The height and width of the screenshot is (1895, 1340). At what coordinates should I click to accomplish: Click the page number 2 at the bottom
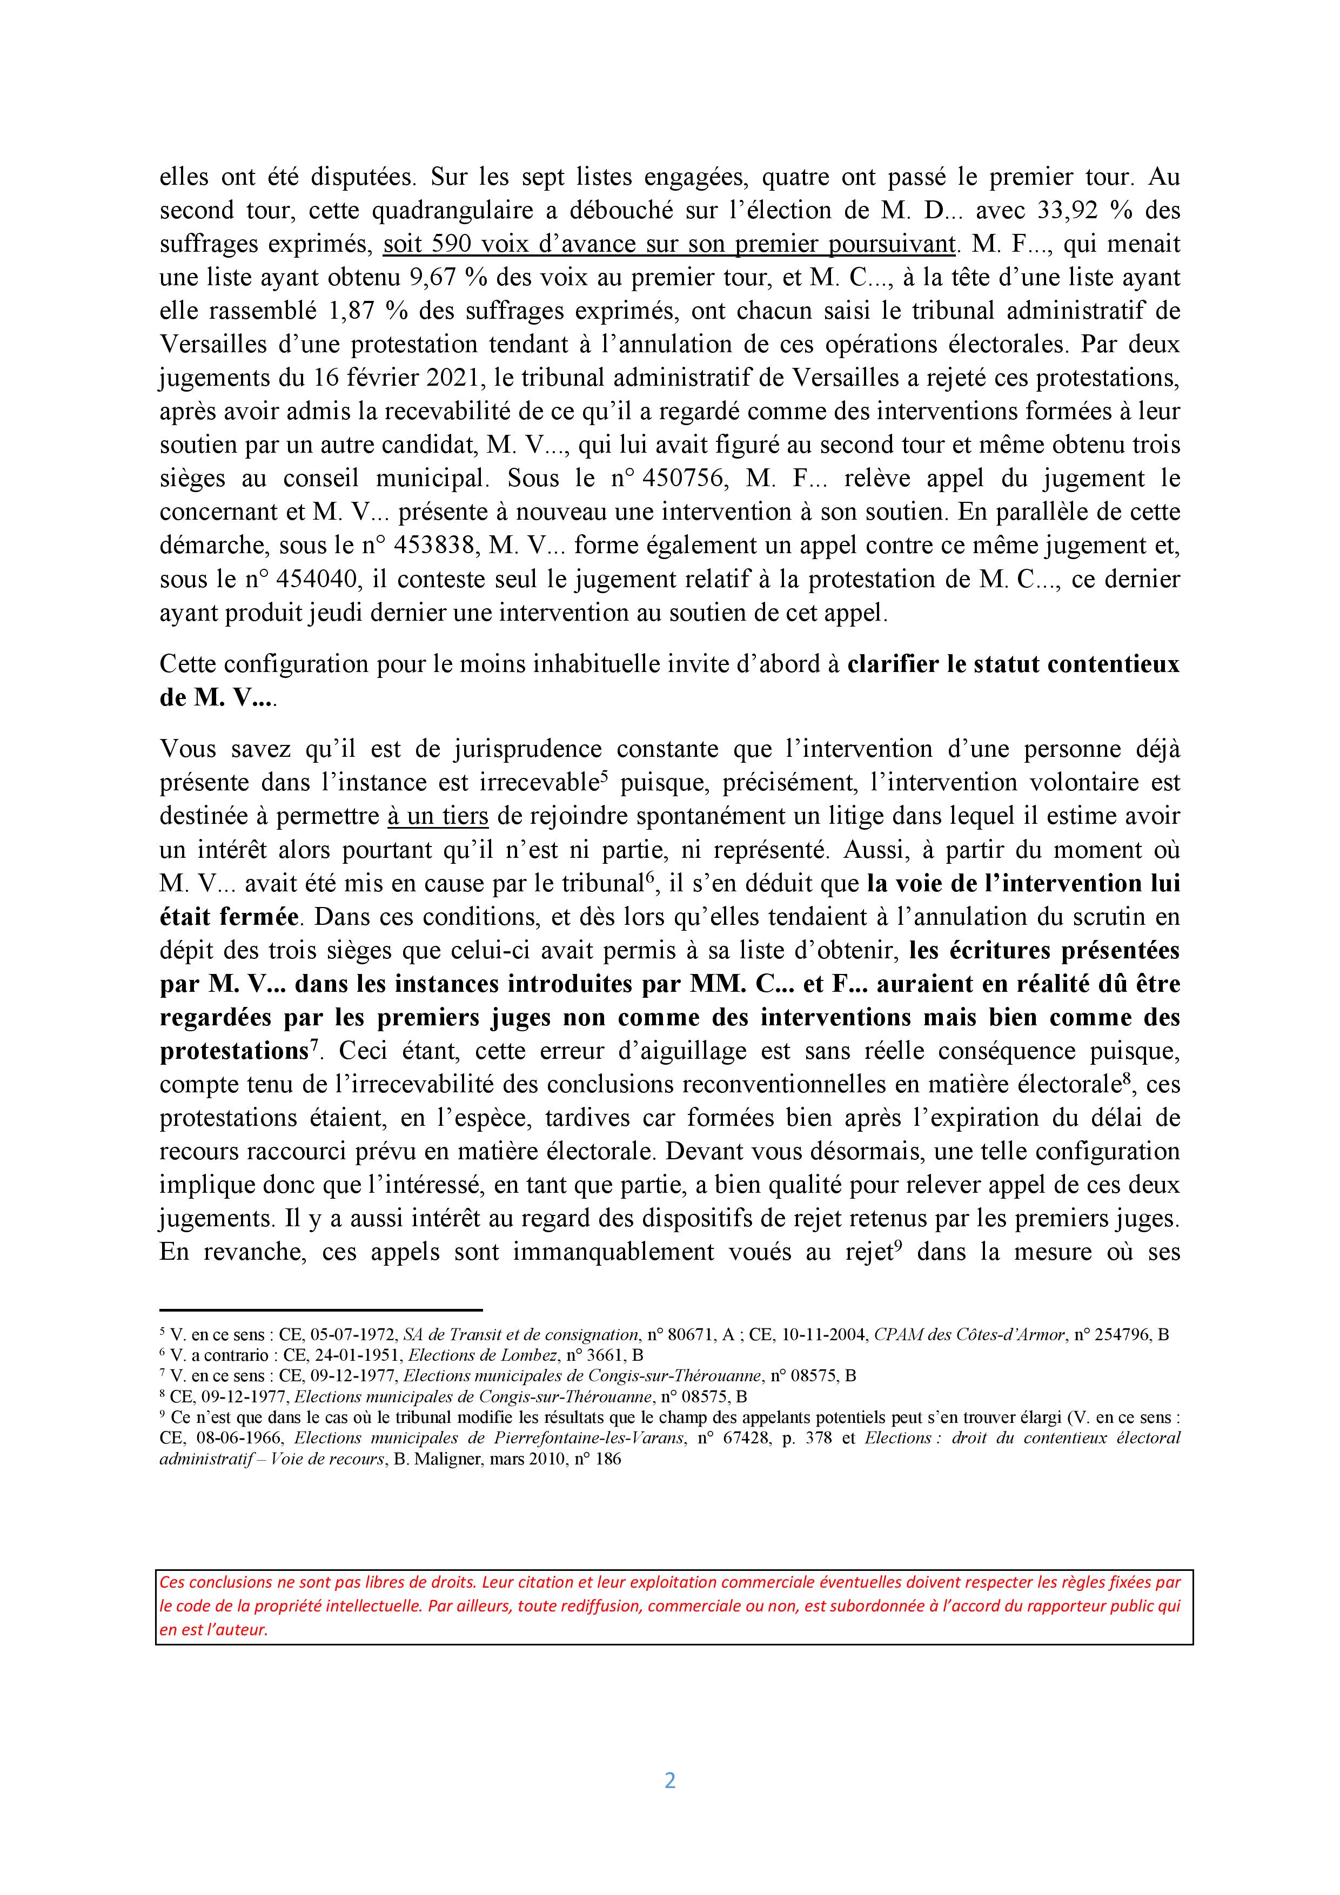[x=669, y=1780]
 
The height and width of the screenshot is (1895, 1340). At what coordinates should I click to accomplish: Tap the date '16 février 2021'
[x=400, y=378]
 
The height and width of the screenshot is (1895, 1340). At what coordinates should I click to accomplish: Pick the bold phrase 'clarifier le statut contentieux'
[x=1013, y=664]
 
